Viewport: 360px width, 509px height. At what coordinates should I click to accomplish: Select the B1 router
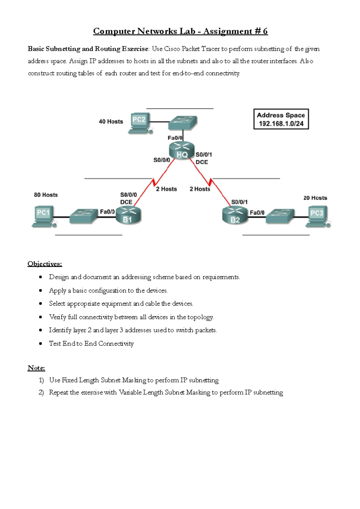pyautogui.click(x=128, y=215)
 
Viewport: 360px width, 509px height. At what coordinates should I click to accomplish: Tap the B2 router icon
pyautogui.click(x=235, y=216)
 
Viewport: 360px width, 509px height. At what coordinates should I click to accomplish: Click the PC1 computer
pyautogui.click(x=44, y=216)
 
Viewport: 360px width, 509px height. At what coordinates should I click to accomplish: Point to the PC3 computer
pyautogui.click(x=318, y=216)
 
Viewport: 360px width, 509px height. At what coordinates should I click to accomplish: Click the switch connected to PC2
pyautogui.click(x=182, y=122)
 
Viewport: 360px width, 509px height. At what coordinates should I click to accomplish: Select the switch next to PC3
pyautogui.click(x=280, y=216)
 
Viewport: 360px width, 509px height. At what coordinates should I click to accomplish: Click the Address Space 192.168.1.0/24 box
pyautogui.click(x=281, y=119)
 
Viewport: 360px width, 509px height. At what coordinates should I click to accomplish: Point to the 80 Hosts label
pyautogui.click(x=46, y=195)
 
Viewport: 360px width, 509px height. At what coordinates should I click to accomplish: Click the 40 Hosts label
pyautogui.click(x=111, y=122)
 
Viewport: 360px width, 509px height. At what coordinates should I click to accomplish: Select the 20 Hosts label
pyautogui.click(x=315, y=198)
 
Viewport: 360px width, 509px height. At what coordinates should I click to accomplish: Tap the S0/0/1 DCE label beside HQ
pyautogui.click(x=204, y=158)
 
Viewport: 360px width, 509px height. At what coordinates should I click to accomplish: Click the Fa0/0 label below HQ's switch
pyautogui.click(x=175, y=138)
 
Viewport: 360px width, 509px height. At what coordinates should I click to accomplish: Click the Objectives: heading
pyautogui.click(x=45, y=264)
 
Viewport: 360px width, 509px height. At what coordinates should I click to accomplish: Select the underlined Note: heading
pyautogui.click(x=36, y=368)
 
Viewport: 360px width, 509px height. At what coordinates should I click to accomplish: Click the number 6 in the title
pyautogui.click(x=265, y=31)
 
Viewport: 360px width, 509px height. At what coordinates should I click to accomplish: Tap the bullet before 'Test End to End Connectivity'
pyautogui.click(x=40, y=343)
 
